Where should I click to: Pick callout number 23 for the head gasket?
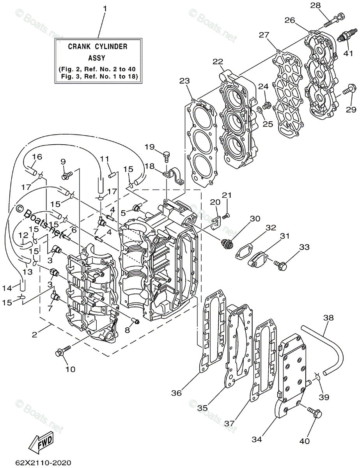[184, 81]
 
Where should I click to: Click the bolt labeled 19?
[167, 155]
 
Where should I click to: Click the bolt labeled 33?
[282, 266]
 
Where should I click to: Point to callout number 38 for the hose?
[329, 318]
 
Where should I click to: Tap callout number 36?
[177, 394]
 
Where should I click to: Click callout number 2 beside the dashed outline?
[34, 334]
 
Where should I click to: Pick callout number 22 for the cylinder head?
[218, 62]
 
